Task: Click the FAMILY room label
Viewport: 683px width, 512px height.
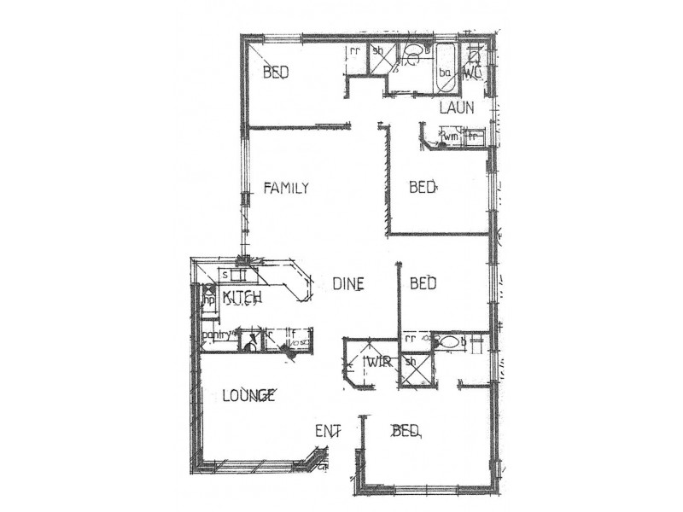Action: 285,189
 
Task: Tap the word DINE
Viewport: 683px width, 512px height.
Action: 348,283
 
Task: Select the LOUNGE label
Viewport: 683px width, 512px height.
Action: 248,395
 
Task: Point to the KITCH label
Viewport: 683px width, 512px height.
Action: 242,297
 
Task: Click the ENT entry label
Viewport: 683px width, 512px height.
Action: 329,431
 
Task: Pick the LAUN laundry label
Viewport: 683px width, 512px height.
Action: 456,108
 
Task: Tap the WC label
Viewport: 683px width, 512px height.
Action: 472,73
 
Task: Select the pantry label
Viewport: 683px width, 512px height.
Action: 216,335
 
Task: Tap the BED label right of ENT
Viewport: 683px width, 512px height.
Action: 406,431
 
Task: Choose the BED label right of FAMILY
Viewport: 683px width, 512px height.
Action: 422,187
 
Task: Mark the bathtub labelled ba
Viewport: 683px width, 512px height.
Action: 445,73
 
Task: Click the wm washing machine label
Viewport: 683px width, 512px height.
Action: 450,136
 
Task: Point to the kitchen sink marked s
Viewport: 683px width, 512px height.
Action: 225,275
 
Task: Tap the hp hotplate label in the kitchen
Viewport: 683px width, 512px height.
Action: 206,300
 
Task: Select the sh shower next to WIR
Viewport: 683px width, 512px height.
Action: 410,361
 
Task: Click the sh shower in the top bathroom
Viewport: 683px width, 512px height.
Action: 377,50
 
